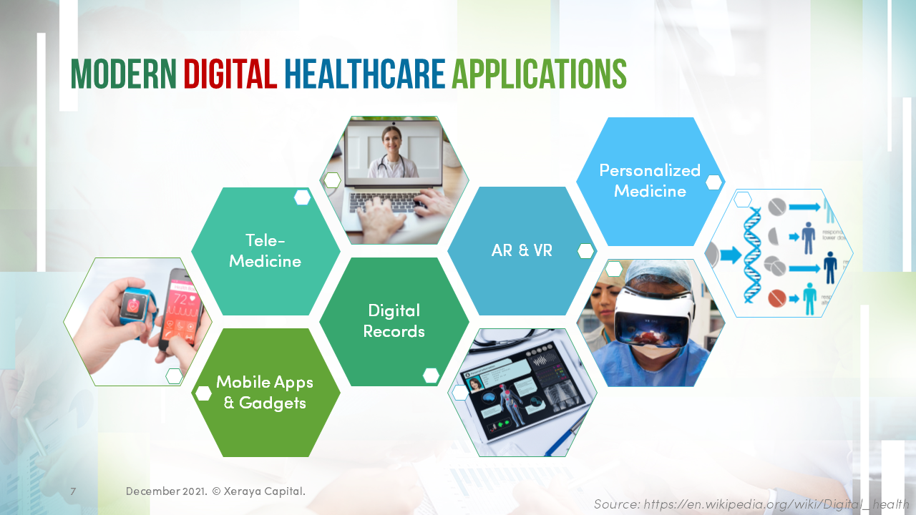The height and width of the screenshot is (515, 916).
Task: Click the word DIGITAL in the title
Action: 230,74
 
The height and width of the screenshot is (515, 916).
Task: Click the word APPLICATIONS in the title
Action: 539,74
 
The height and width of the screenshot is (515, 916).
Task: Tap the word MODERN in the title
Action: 123,74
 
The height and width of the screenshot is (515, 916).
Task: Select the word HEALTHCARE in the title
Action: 364,74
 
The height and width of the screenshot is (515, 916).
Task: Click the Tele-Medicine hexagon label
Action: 265,250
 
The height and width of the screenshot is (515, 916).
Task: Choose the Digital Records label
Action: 394,320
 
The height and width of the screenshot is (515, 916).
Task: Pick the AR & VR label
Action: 522,250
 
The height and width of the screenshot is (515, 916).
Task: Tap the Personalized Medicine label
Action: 650,180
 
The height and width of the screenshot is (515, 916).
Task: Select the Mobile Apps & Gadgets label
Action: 265,392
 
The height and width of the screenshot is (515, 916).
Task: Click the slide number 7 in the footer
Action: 73,491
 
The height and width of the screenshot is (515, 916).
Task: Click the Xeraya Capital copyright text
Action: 258,491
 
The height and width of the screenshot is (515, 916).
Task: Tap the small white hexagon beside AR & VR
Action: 586,251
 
